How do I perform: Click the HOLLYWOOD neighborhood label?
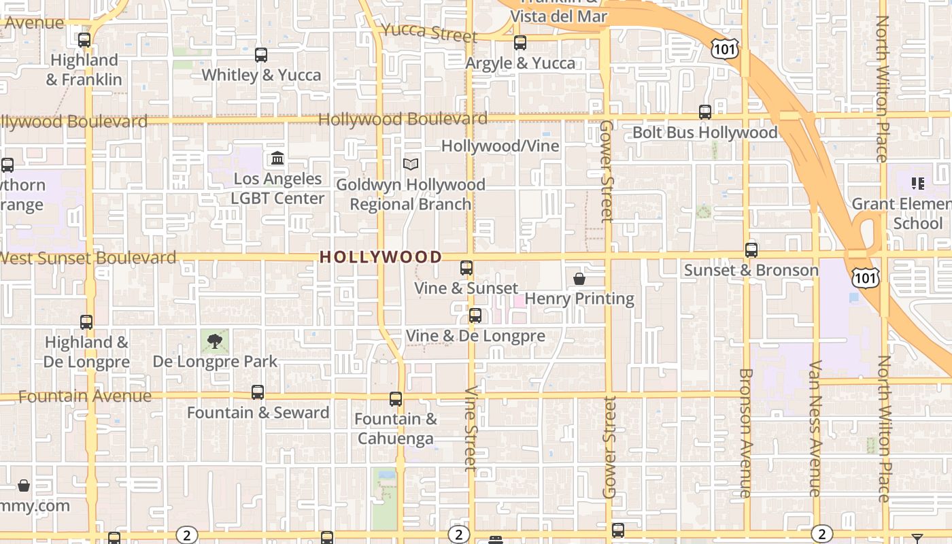coord(381,257)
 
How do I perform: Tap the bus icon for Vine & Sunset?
coord(466,268)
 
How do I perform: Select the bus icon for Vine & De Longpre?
coord(475,316)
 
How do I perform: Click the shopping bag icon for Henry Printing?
coord(579,279)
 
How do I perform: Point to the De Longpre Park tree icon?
coord(215,341)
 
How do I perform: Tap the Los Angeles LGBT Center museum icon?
coord(277,158)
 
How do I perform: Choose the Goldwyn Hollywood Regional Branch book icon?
coord(411,164)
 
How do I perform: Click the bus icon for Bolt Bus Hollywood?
coord(705,112)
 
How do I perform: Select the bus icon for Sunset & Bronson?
coord(751,250)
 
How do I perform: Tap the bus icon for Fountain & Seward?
coord(258,392)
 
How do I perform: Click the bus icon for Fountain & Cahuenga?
coord(396,399)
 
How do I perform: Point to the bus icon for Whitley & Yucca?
coord(261,55)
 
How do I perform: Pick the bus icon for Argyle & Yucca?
coord(520,43)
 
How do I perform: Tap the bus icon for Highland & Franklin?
coord(84,40)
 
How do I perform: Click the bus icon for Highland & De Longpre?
coord(86,322)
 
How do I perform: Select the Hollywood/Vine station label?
coord(500,146)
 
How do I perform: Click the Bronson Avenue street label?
coord(745,432)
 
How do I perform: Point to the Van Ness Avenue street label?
coord(815,428)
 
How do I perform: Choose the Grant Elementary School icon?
coord(918,184)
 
